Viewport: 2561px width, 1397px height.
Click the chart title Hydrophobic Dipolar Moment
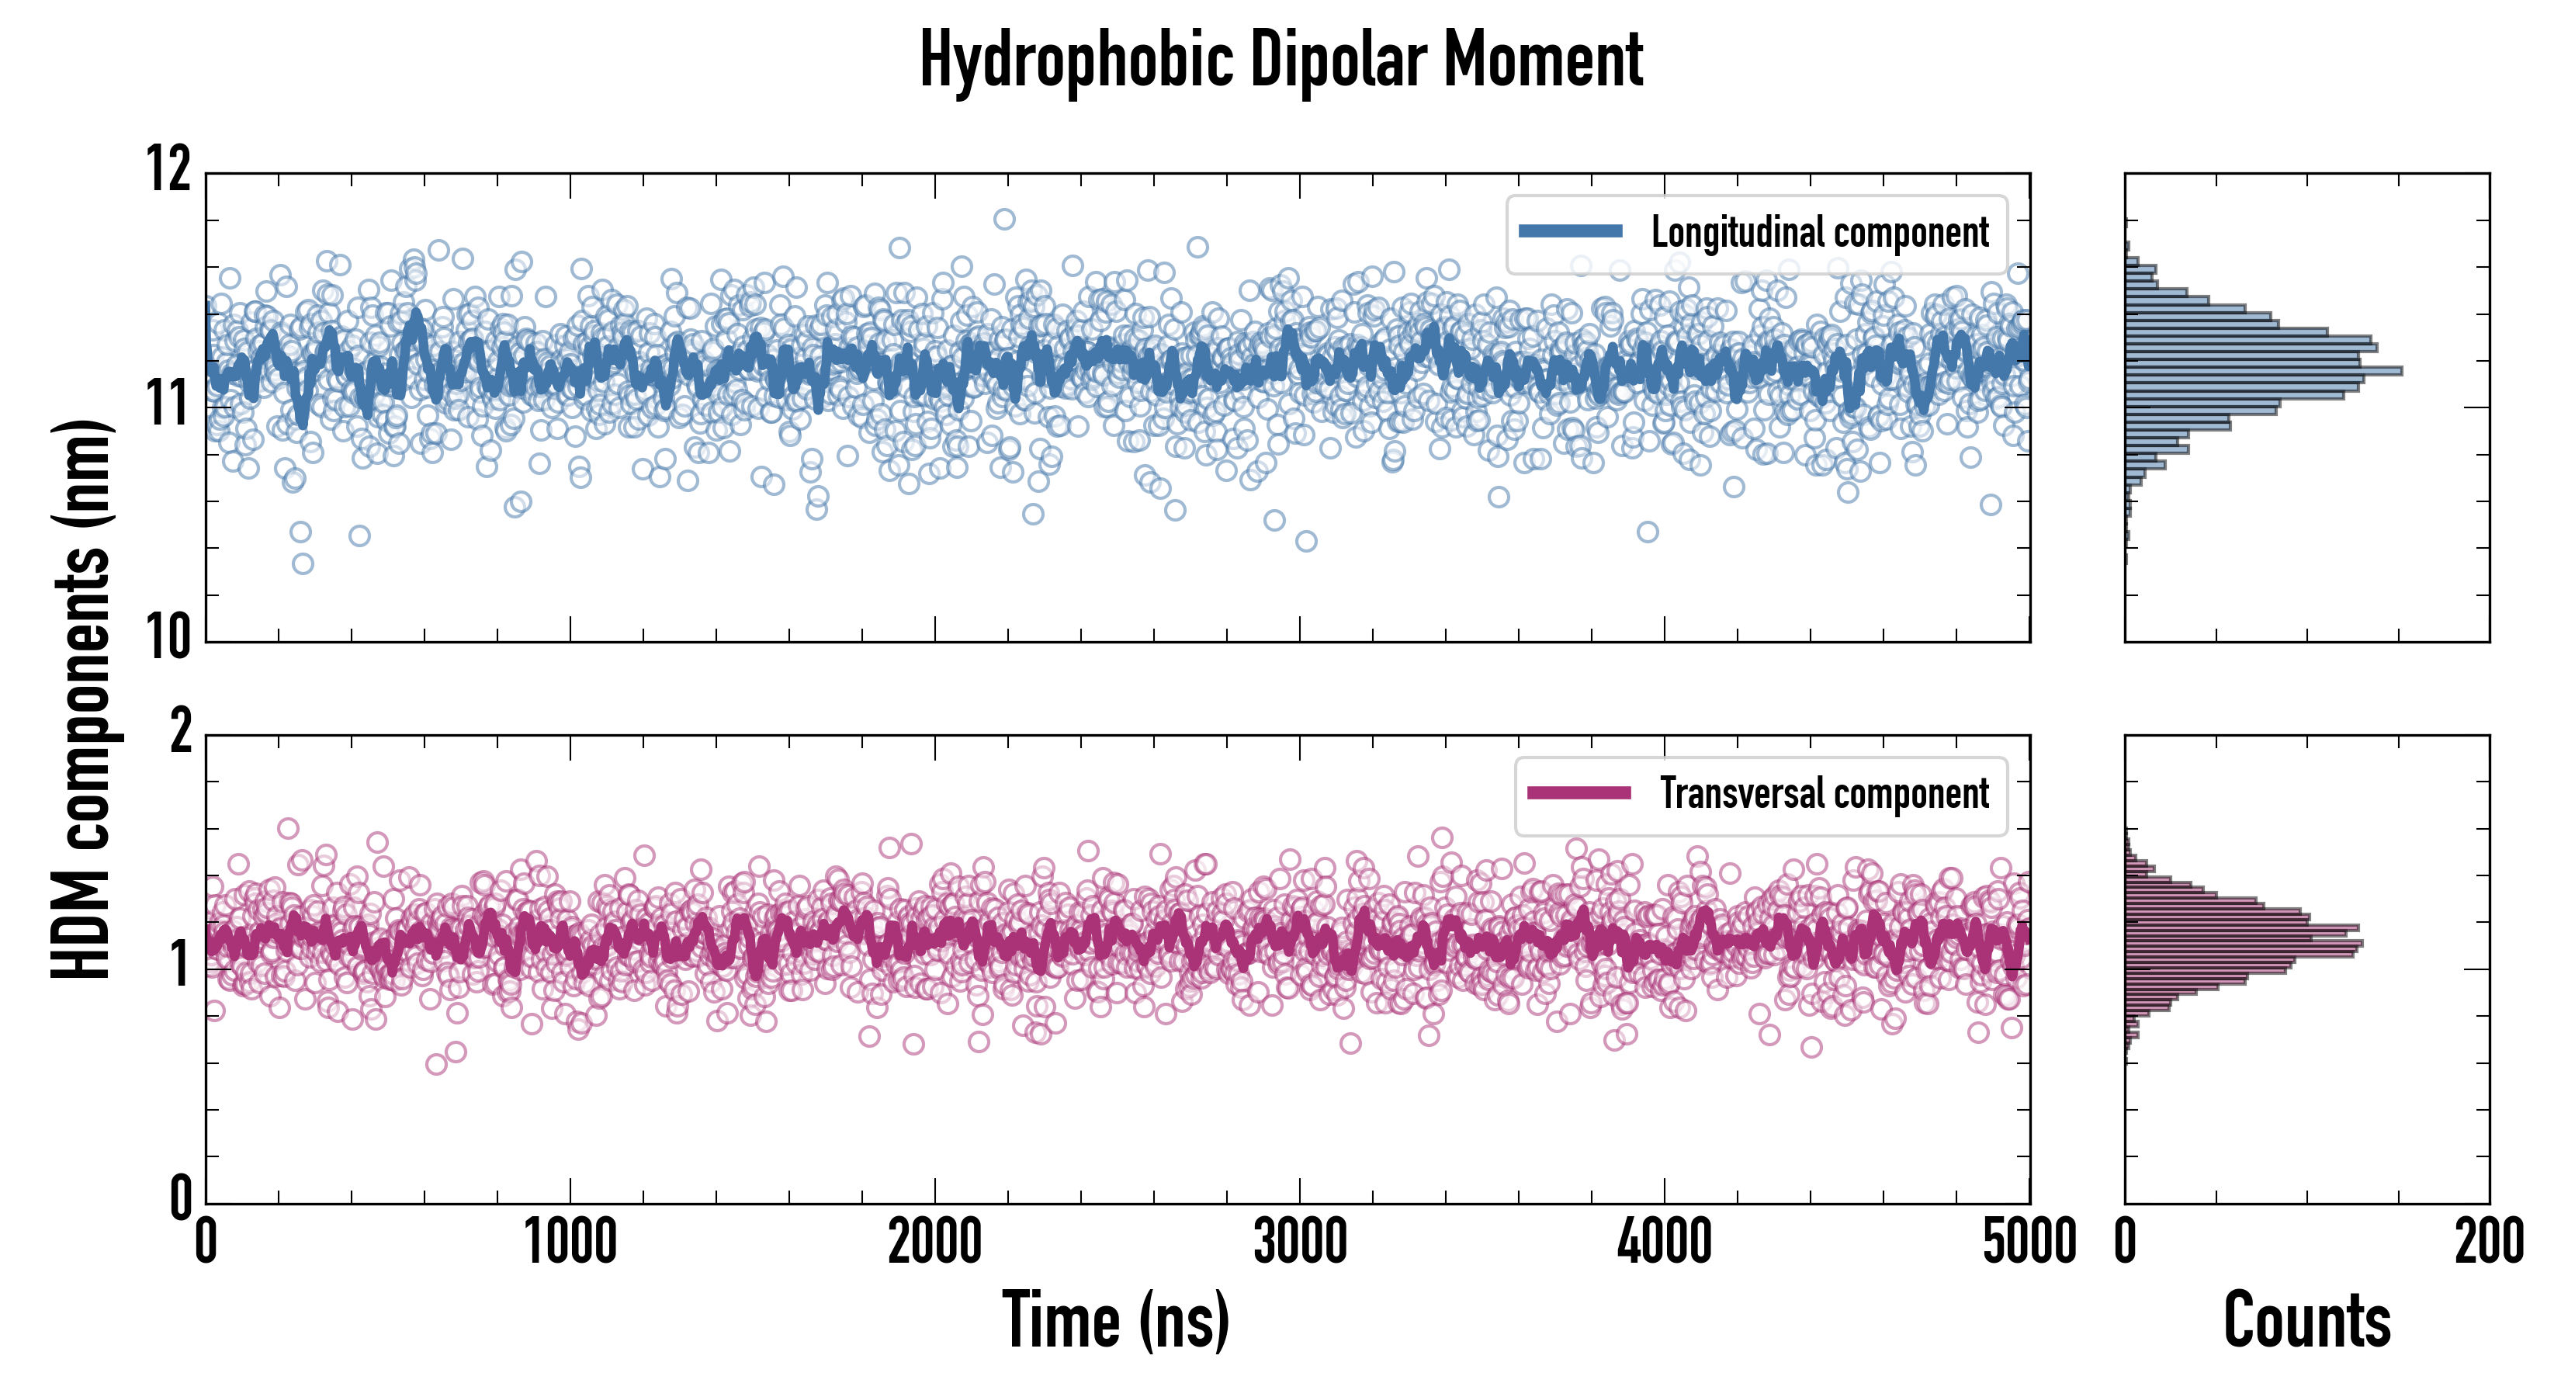click(1280, 60)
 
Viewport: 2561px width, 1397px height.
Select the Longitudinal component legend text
click(1819, 233)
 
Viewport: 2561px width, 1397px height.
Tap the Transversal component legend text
click(1825, 793)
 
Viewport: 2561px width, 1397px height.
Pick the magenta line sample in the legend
click(1579, 792)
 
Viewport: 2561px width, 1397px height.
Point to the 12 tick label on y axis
click(169, 169)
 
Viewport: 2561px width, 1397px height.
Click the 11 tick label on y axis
click(169, 404)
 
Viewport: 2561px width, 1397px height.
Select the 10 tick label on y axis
click(169, 636)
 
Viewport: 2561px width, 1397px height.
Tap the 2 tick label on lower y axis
click(181, 732)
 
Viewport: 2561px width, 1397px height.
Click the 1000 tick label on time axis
click(570, 1243)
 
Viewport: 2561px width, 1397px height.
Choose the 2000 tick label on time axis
click(934, 1243)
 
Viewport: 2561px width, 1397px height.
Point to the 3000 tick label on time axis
click(1299, 1243)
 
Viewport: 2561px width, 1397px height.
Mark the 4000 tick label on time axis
click(1664, 1243)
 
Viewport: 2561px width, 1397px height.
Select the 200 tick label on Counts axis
click(2488, 1243)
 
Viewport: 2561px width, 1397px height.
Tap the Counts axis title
click(2306, 1320)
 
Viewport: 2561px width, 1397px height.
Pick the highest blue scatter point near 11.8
click(1004, 219)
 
